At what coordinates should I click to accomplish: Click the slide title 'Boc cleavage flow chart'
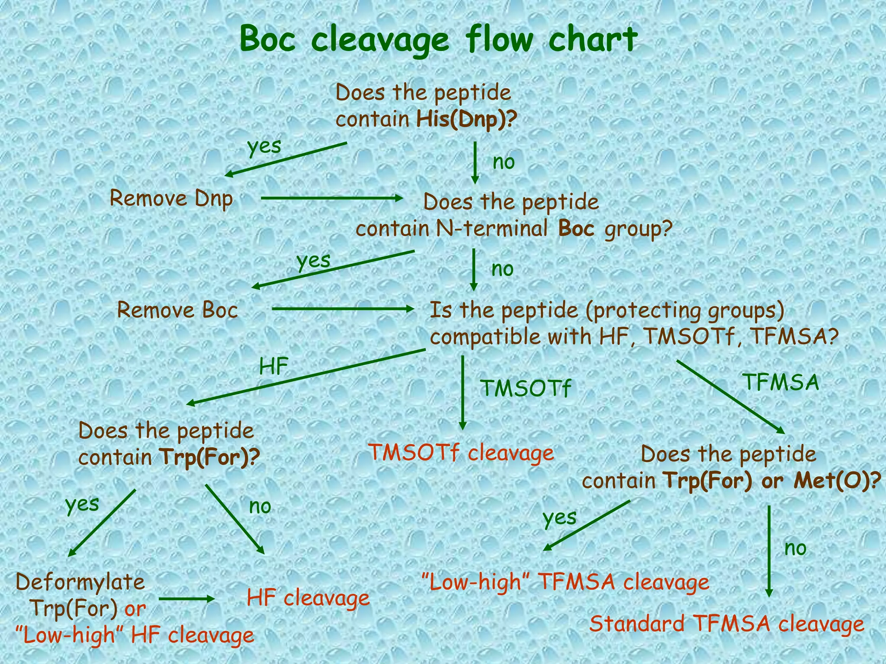(438, 39)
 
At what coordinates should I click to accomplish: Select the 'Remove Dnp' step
(171, 199)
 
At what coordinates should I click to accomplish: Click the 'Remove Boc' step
(177, 310)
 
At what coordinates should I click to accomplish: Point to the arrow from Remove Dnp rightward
(332, 198)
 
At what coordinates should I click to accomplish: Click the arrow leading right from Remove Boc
(343, 309)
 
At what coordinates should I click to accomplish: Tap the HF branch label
(273, 367)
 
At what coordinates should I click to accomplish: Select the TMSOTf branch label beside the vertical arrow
(526, 388)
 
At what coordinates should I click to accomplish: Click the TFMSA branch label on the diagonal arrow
(781, 382)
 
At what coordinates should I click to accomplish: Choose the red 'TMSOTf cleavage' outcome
(461, 453)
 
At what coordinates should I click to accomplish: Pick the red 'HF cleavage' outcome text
(308, 598)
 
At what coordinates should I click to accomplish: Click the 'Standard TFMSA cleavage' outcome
(727, 624)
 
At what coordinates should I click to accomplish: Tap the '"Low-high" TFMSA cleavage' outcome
(565, 582)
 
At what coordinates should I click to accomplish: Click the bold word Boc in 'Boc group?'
(576, 228)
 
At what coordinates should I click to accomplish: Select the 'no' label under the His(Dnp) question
(504, 163)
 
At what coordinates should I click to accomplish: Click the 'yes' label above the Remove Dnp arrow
(264, 146)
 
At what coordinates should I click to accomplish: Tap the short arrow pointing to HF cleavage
(187, 599)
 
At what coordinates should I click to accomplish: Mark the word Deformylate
(80, 582)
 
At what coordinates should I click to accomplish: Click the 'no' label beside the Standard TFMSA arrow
(796, 548)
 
